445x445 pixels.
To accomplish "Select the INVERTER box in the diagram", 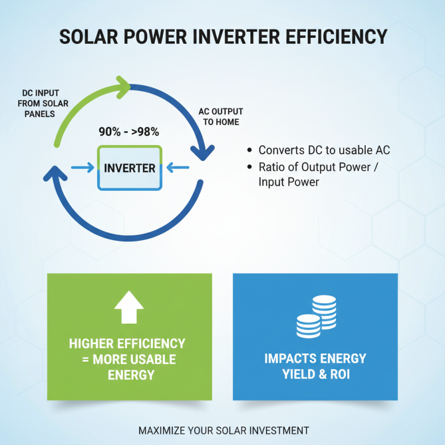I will (x=130, y=168).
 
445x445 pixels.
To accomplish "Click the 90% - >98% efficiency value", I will (x=129, y=132).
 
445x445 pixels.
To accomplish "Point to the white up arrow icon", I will (x=128, y=308).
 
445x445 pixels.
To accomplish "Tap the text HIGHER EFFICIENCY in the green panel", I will (x=127, y=343).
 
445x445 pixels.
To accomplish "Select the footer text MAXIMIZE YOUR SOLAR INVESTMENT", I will (x=223, y=431).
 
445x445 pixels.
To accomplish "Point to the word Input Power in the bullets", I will (x=289, y=182).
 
